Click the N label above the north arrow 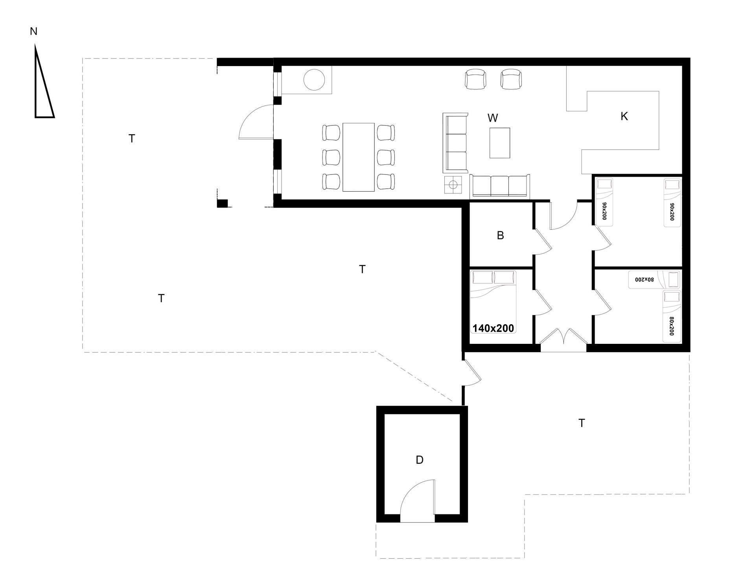[33, 31]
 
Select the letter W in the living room [493, 118]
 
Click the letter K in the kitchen [624, 116]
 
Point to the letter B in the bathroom [500, 235]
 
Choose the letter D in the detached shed [420, 460]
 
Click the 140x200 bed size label [493, 328]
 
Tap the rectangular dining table [358, 157]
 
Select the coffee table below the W [500, 143]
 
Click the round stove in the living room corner [314, 80]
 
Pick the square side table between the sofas [453, 185]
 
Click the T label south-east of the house [582, 423]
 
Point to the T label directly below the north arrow [132, 138]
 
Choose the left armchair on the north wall [475, 79]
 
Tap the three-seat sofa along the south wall [500, 186]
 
